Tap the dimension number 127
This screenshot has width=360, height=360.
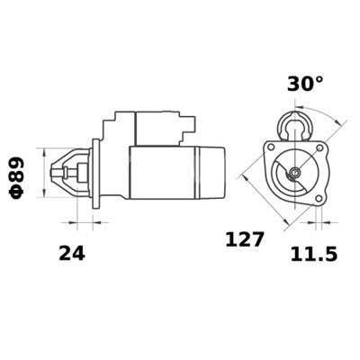[244, 239]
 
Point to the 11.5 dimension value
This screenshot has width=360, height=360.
[314, 255]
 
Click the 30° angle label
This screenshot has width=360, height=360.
[305, 84]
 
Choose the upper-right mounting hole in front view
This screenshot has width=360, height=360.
[319, 146]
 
